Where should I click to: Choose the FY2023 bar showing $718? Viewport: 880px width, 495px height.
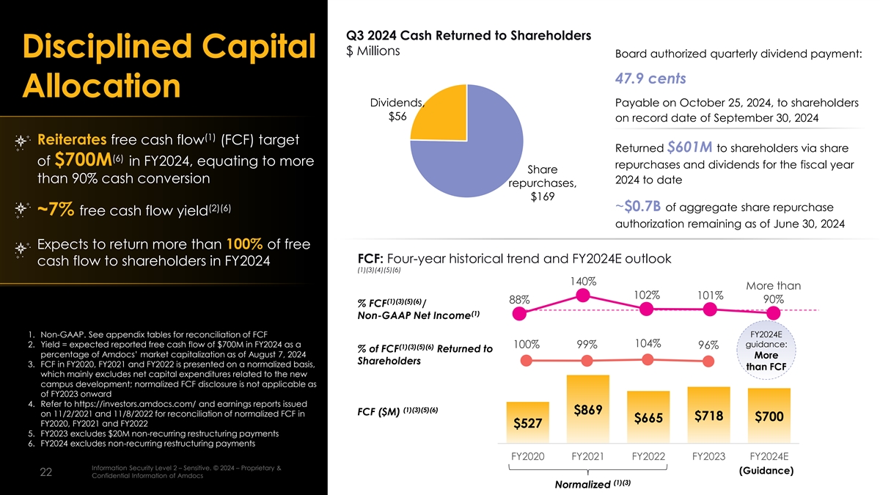[708, 415]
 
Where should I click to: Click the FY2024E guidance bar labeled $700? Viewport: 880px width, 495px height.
[769, 416]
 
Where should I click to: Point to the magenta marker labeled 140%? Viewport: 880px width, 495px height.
[584, 296]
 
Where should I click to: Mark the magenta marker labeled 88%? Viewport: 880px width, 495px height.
[520, 315]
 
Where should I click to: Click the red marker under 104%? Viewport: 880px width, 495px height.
[647, 359]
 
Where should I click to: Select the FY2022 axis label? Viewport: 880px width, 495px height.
[648, 456]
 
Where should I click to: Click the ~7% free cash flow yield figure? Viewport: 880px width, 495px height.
[55, 211]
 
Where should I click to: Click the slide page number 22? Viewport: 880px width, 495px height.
[45, 473]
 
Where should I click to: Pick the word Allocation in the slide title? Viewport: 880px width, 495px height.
[102, 86]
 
